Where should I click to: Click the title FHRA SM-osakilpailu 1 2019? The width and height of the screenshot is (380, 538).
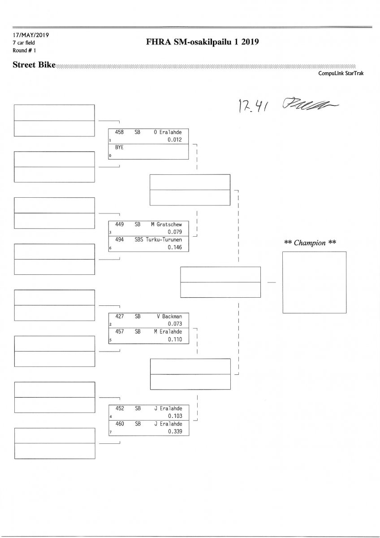203,43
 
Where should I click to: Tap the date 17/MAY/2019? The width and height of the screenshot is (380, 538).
30,35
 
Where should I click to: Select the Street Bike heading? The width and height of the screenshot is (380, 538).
34,65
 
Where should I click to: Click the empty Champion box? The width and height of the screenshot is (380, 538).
314,282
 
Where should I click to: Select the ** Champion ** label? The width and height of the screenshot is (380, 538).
311,243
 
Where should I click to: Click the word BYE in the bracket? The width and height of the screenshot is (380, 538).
119,147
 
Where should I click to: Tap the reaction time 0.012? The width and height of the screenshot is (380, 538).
175,139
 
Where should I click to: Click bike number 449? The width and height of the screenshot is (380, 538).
120,224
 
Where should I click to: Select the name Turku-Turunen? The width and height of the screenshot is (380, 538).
163,240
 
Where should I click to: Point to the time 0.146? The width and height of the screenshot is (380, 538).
175,247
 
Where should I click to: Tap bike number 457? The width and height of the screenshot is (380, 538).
120,332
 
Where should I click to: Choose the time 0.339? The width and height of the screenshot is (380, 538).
175,431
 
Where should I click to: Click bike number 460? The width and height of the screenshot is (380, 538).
120,424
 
